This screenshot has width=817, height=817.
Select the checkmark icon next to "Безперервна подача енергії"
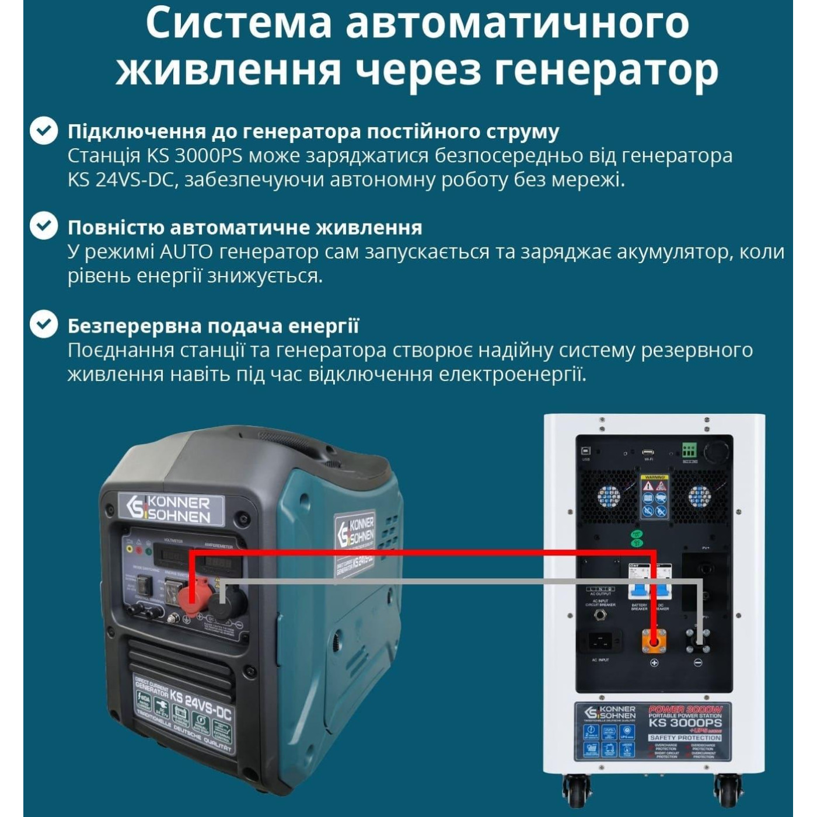44,324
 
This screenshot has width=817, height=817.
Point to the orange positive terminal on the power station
654,641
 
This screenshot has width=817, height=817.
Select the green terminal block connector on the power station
689,450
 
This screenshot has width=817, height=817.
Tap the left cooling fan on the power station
608,496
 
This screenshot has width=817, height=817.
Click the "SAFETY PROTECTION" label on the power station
685,738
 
